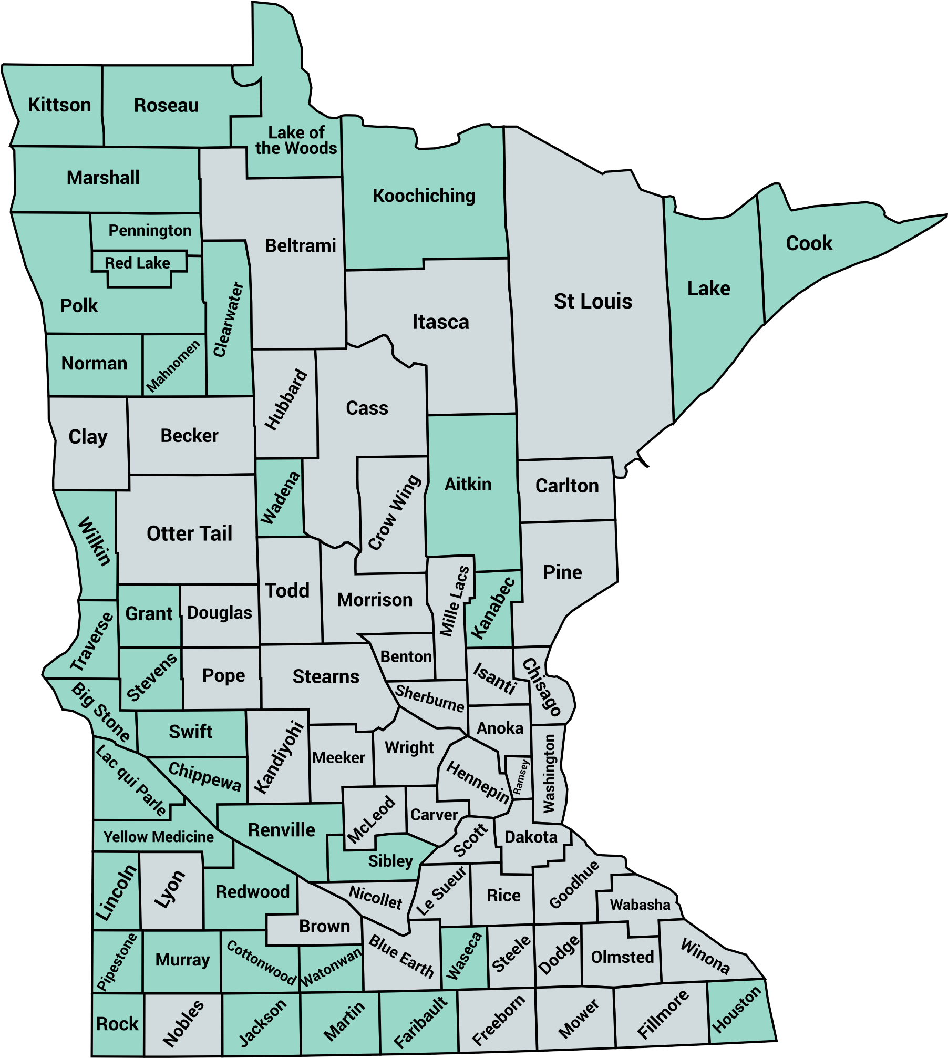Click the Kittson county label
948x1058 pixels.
59,105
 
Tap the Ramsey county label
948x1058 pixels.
520,777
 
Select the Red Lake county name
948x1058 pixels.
137,263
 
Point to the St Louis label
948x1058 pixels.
593,302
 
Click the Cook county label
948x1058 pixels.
809,243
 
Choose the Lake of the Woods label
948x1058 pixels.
296,140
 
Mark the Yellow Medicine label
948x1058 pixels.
158,837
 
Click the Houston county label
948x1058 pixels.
736,1009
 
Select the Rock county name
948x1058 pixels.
117,1023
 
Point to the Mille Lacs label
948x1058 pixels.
454,601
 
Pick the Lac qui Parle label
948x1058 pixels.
131,780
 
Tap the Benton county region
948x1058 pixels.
406,657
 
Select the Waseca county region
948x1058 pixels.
463,957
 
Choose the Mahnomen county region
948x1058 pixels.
173,366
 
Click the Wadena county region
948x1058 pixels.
280,498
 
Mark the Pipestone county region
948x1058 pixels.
117,962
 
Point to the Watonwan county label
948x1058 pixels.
331,967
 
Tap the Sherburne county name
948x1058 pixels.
430,698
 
